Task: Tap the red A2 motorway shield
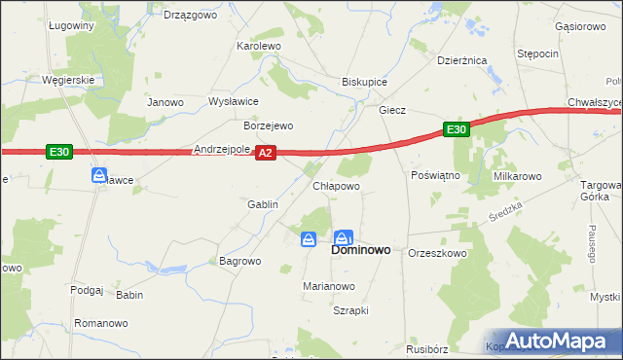click(x=267, y=152)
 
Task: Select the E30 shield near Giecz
click(x=458, y=128)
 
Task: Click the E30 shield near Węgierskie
click(x=58, y=151)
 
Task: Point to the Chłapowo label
click(x=336, y=185)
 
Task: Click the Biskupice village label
click(x=365, y=82)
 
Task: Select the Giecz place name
click(x=392, y=111)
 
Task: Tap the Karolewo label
click(x=259, y=46)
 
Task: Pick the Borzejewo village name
click(x=268, y=126)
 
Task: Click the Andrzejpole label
click(x=223, y=150)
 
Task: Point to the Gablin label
click(x=263, y=204)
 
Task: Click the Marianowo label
click(x=328, y=286)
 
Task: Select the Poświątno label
click(x=435, y=176)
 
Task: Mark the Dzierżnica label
click(x=461, y=60)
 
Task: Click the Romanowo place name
click(x=101, y=322)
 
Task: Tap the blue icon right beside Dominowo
click(x=344, y=237)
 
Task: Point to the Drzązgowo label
click(x=189, y=15)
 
